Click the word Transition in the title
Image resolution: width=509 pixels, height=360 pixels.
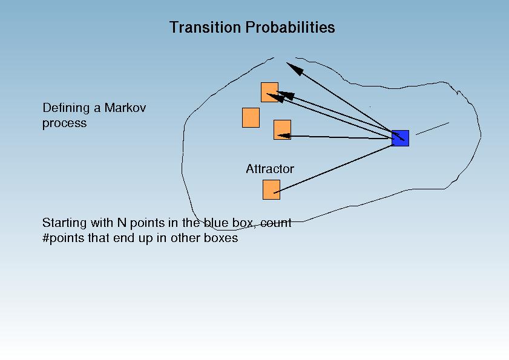206,27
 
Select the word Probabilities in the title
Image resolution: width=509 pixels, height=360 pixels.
290,27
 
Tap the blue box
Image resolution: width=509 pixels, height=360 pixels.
400,139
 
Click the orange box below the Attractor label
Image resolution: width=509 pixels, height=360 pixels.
271,189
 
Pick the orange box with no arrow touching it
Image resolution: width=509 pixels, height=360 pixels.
251,117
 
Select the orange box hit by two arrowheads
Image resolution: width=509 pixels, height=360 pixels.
269,92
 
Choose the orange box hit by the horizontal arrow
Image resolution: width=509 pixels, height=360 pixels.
282,129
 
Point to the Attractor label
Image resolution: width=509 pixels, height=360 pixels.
270,169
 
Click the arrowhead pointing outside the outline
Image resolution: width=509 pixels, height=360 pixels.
294,69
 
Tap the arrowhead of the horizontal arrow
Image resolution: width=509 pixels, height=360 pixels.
284,136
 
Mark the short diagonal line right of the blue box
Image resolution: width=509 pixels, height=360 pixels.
432,128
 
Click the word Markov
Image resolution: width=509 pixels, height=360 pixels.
125,108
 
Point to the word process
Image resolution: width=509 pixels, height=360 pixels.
65,123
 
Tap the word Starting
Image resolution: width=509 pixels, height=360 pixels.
65,223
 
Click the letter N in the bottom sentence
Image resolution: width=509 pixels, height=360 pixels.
122,223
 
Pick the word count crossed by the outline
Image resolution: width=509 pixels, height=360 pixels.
275,223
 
